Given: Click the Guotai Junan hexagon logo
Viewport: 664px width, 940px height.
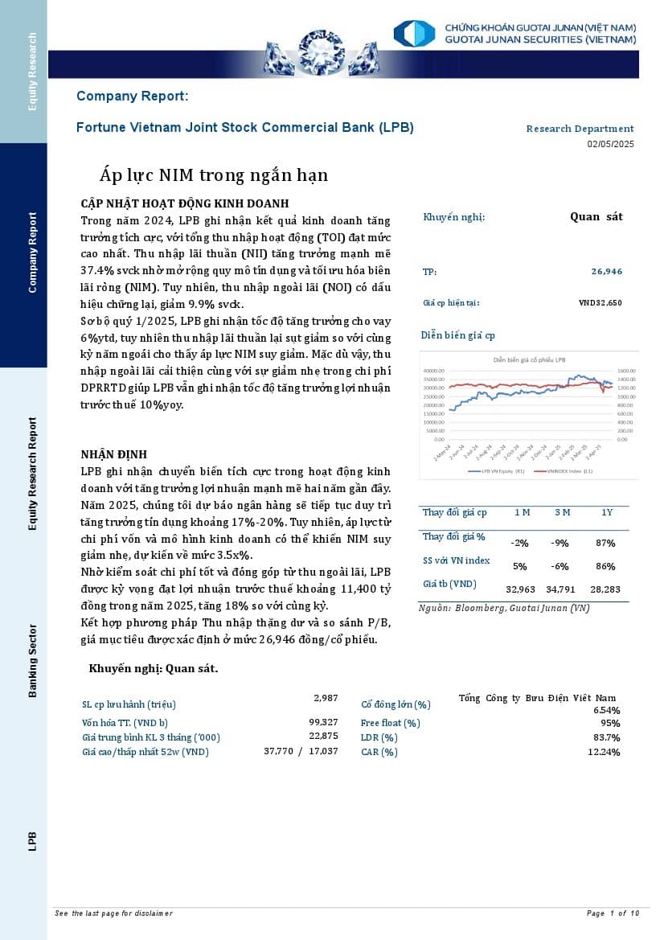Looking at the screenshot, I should (414, 34).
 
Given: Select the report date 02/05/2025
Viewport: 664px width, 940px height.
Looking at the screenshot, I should (610, 144).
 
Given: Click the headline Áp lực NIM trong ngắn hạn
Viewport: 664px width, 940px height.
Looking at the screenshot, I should (214, 175).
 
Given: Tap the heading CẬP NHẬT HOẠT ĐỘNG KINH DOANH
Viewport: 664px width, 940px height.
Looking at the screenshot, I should (185, 203).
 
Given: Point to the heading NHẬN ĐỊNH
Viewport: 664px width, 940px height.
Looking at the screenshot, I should (114, 454).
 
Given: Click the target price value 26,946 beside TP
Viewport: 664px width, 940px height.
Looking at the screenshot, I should (606, 272).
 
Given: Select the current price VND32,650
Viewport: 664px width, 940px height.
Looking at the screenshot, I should (600, 303).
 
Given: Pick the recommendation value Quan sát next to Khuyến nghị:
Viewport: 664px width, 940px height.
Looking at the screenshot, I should (596, 216).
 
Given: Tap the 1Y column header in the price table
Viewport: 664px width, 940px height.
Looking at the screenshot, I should (607, 512).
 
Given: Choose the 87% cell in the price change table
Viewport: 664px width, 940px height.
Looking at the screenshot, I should (605, 543).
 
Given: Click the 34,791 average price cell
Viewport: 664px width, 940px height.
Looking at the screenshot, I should (561, 589).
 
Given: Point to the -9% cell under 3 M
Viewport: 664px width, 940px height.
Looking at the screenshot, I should (561, 543).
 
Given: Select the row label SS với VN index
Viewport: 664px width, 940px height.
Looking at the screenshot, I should (456, 560).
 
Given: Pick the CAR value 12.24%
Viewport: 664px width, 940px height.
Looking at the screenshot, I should (604, 752).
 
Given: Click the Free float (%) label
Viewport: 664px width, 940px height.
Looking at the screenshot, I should (390, 723).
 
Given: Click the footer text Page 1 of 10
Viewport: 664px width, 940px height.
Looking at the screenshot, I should (613, 913).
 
